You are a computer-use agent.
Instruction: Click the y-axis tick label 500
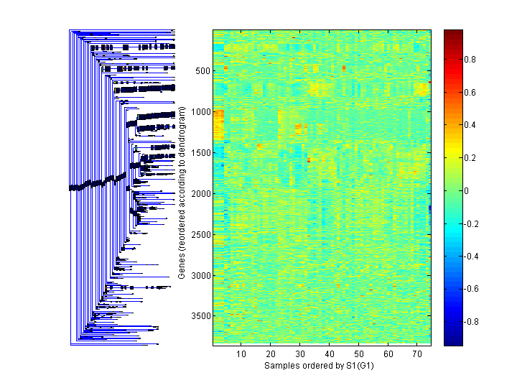[x=202, y=71]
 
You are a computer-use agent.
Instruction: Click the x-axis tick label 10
[x=241, y=354]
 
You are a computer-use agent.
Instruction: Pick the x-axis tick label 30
[x=300, y=354]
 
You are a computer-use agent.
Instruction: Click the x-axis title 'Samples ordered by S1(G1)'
[x=321, y=366]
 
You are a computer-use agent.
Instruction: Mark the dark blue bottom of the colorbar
[x=453, y=343]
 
